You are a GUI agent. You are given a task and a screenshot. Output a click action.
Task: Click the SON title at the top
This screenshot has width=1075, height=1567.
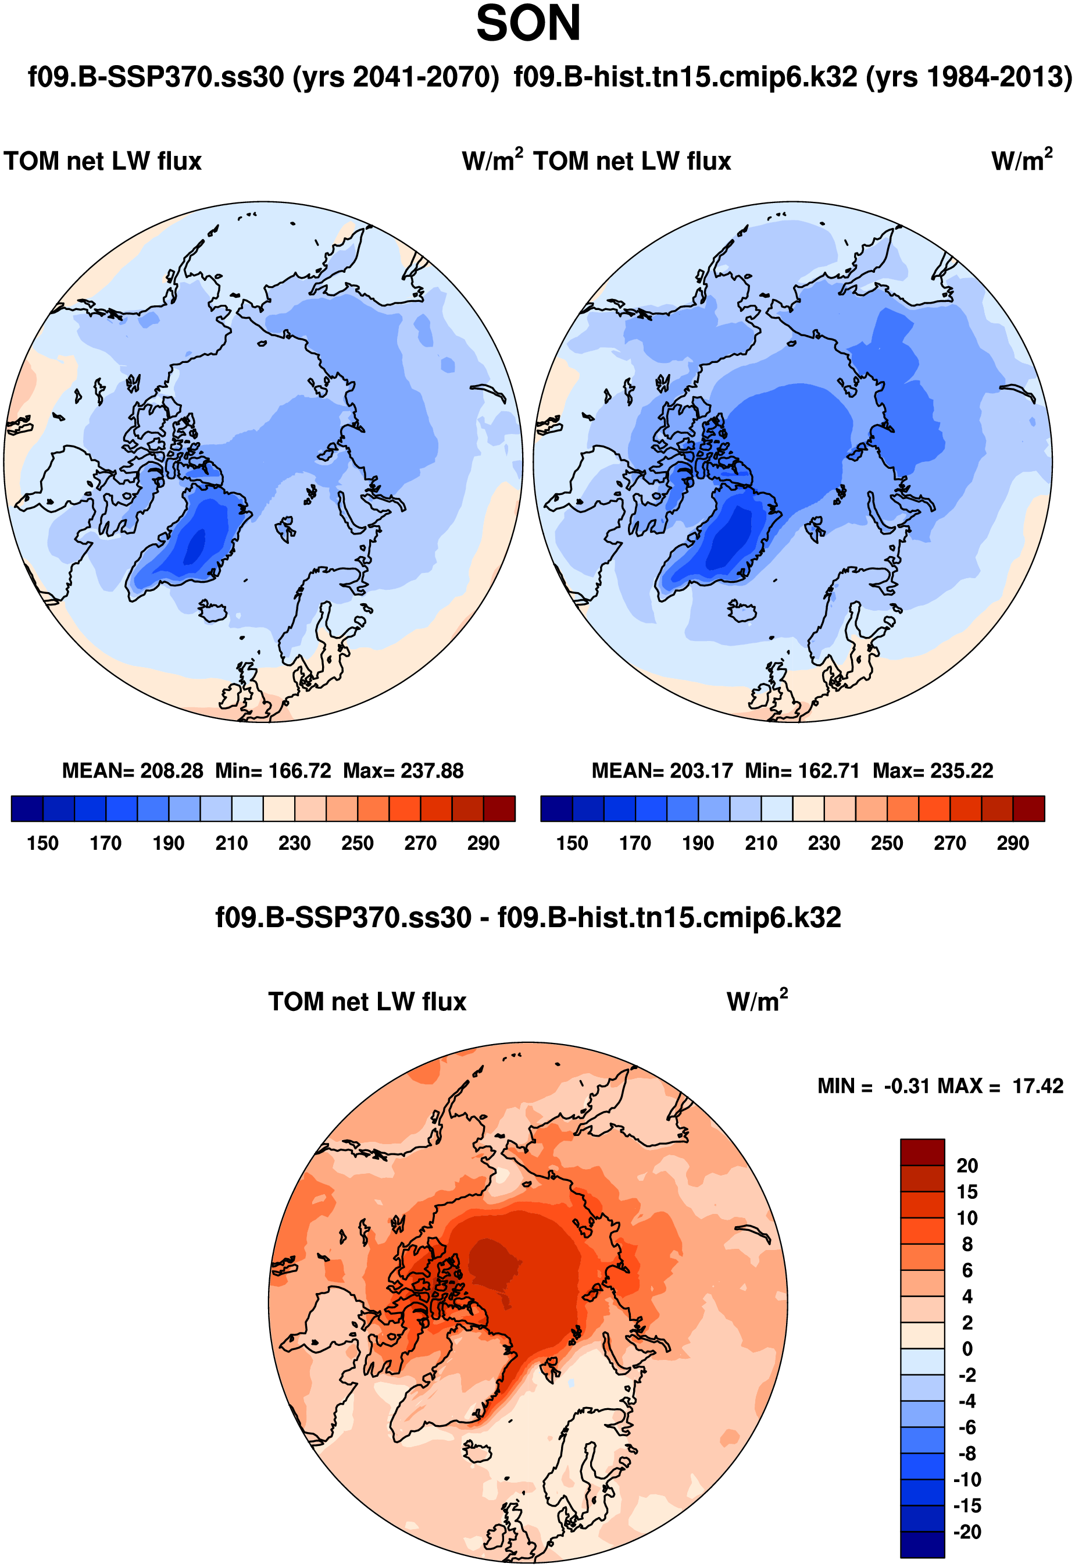pos(528,24)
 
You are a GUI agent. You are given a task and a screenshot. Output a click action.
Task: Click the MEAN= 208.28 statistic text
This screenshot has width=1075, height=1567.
pos(132,771)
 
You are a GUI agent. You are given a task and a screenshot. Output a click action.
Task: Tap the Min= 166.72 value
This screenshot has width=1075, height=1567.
pos(273,771)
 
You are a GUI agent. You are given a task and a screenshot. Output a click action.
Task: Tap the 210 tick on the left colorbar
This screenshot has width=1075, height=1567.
pos(231,843)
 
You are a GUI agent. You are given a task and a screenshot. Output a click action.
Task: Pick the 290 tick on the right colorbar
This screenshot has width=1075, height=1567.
pos(1012,843)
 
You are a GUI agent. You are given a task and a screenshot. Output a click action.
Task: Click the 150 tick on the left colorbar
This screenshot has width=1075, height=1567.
pos(42,843)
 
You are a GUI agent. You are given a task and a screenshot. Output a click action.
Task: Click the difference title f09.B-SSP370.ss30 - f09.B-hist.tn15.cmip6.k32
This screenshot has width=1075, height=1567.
pos(528,918)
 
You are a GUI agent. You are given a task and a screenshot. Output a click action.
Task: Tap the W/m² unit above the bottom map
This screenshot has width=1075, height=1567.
pos(757,1001)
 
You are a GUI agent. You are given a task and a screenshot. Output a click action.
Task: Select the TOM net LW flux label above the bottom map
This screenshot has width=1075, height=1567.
pos(367,1002)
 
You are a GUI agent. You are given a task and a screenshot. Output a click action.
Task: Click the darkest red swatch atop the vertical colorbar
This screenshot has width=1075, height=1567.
pos(922,1152)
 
